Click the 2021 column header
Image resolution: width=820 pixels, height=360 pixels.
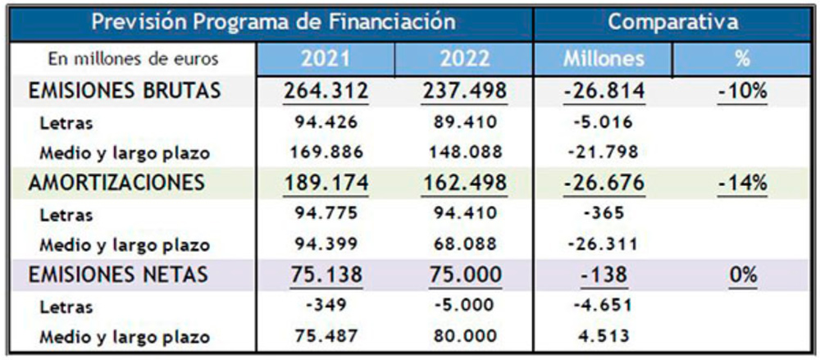(326, 59)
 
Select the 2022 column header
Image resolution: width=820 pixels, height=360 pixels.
(464, 59)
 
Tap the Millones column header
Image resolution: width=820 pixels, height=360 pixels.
(604, 59)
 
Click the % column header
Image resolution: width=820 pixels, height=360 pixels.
(741, 59)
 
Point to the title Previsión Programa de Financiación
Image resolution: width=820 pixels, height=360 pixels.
(273, 22)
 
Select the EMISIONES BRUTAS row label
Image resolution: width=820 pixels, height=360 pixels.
(125, 91)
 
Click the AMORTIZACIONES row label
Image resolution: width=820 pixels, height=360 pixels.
(116, 183)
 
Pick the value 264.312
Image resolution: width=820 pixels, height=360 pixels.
(326, 91)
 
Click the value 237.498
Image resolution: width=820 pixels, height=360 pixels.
(464, 91)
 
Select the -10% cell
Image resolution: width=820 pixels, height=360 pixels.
(741, 91)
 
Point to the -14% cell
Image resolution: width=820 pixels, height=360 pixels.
(741, 183)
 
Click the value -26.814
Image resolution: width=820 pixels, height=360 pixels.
(604, 91)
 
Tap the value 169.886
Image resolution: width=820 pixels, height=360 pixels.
(326, 152)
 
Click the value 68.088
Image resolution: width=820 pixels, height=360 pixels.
(464, 244)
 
